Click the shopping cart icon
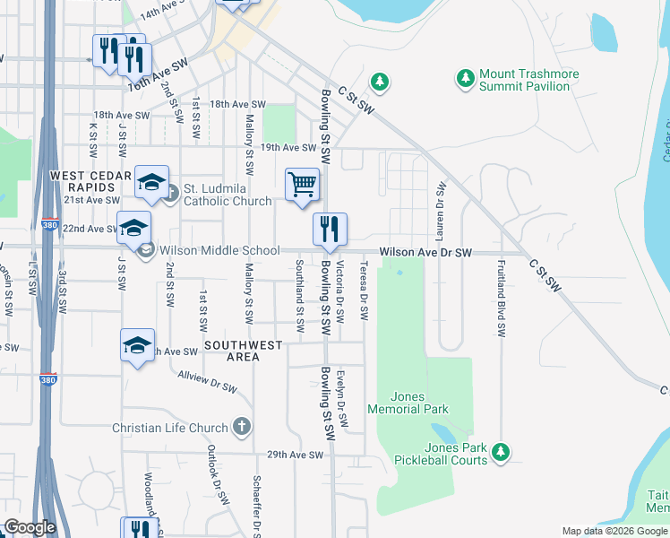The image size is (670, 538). click(x=302, y=185)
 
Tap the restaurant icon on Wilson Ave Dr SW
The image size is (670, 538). click(x=330, y=230)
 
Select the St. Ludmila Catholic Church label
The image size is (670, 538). click(x=228, y=195)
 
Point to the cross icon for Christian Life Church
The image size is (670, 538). click(x=240, y=428)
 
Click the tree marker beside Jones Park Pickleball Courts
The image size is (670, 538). click(x=502, y=450)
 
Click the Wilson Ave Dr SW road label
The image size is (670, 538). click(x=425, y=254)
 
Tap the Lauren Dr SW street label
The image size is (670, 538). click(x=440, y=212)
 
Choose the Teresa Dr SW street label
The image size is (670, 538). click(x=364, y=291)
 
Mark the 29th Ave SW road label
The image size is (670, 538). click(x=294, y=456)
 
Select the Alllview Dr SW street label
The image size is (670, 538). click(x=207, y=381)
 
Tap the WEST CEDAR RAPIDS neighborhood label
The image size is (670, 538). click(x=84, y=181)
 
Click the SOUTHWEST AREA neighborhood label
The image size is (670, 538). click(x=243, y=351)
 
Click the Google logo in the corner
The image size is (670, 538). click(x=30, y=527)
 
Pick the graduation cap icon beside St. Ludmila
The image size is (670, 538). click(x=152, y=185)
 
